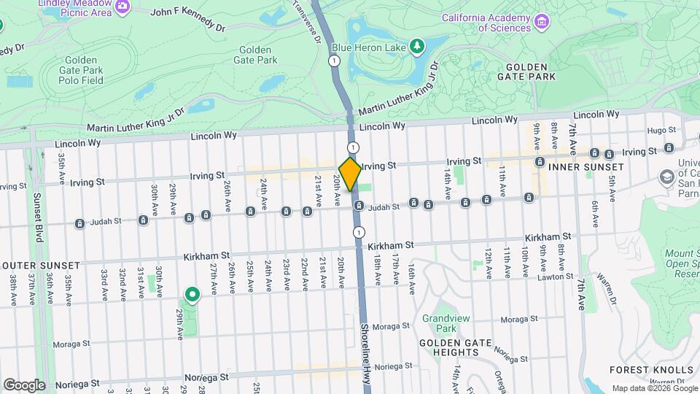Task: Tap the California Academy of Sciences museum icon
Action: pyautogui.click(x=540, y=23)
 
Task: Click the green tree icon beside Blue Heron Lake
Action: pyautogui.click(x=416, y=47)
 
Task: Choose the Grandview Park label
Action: pyautogui.click(x=440, y=323)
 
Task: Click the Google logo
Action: pyautogui.click(x=24, y=385)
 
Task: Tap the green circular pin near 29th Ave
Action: pyautogui.click(x=192, y=295)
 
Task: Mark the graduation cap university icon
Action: pyautogui.click(x=666, y=177)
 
